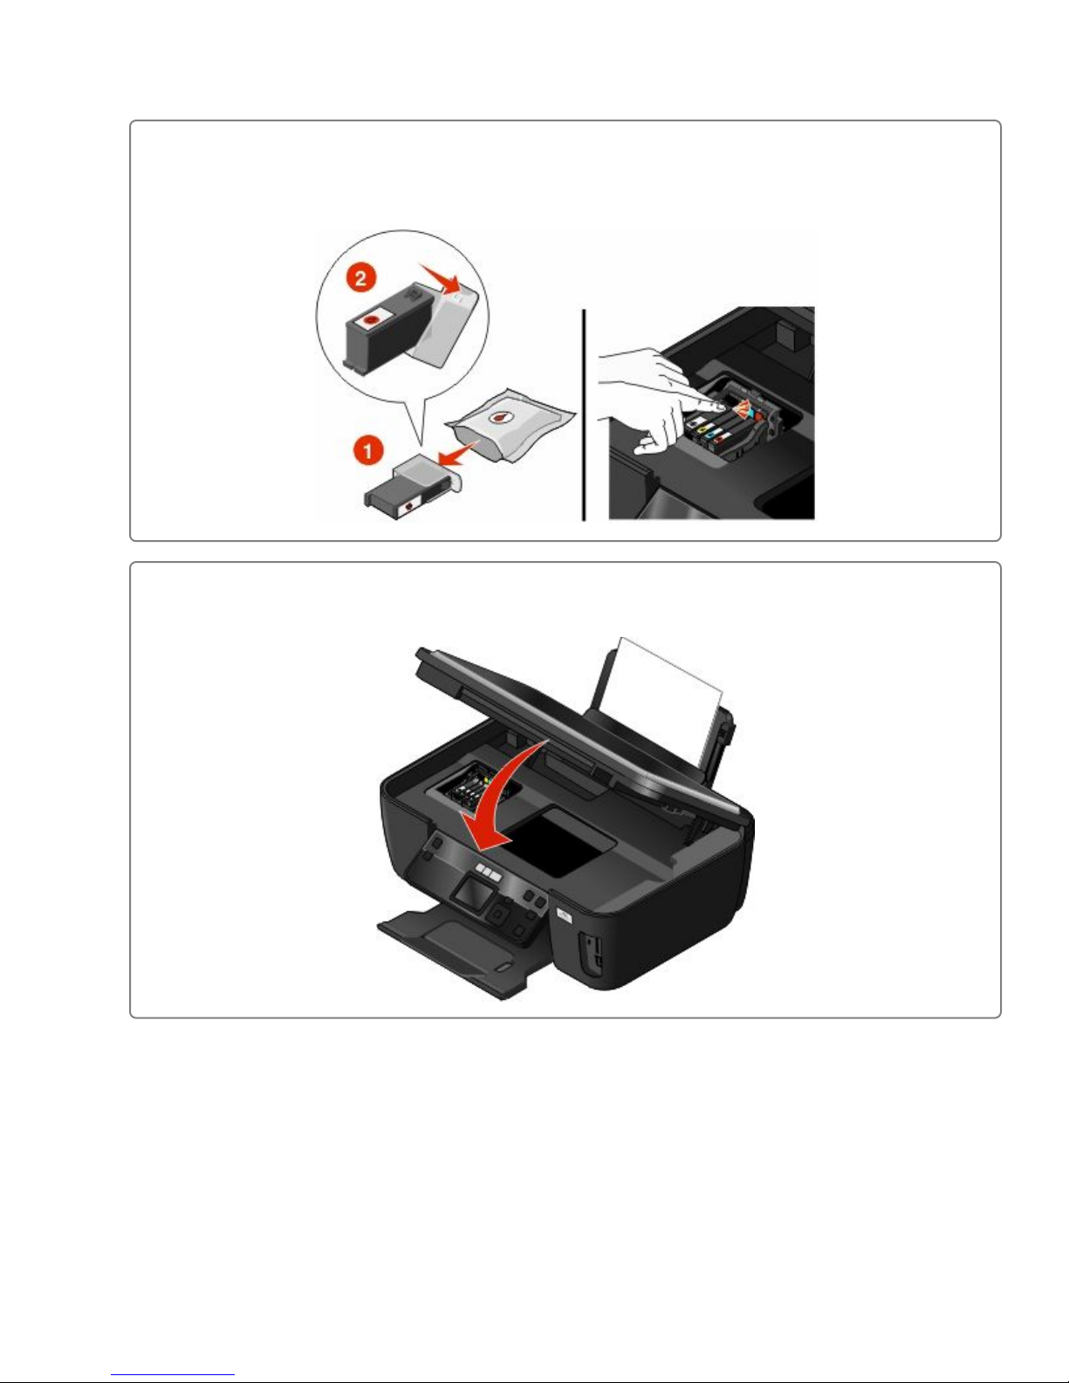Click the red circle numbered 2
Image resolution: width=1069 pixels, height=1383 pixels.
point(360,278)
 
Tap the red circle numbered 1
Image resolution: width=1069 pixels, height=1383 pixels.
point(367,451)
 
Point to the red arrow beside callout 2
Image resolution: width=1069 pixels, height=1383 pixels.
point(439,277)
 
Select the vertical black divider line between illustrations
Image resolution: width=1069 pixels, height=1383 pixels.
point(584,415)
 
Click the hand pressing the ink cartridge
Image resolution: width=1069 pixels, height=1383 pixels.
point(655,399)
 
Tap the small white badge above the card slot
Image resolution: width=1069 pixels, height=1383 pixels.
point(565,914)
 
